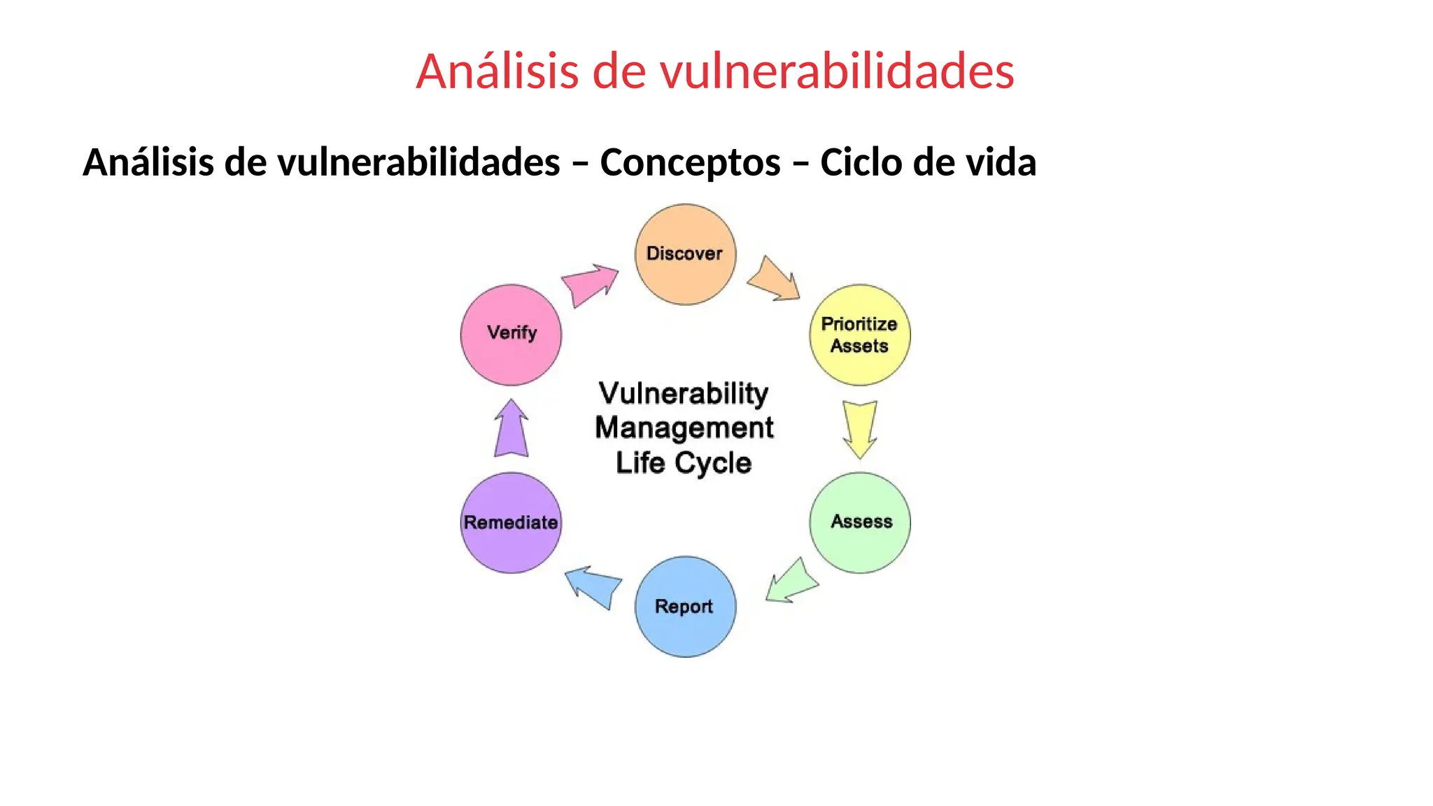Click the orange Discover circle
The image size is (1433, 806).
(x=685, y=255)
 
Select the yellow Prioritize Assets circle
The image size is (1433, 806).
(x=860, y=334)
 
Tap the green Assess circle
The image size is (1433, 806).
(x=860, y=523)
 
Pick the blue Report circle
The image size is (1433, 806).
(x=685, y=607)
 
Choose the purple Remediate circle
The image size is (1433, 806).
(x=511, y=523)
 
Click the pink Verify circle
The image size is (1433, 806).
(x=511, y=334)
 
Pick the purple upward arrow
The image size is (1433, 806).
(x=511, y=430)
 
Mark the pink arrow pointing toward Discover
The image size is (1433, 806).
(x=590, y=283)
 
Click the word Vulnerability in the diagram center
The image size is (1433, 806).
(x=683, y=393)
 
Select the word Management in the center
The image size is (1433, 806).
(x=684, y=427)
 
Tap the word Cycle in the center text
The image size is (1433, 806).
(x=713, y=463)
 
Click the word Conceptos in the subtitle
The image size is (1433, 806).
(x=690, y=162)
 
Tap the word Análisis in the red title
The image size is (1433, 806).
(x=497, y=71)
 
